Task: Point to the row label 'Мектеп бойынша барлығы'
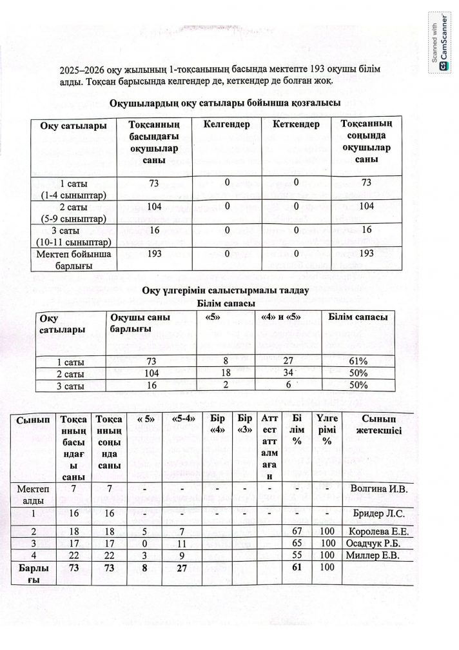pyautogui.click(x=74, y=259)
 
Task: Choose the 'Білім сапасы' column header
pyautogui.click(x=358, y=317)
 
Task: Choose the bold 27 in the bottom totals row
pyautogui.click(x=182, y=568)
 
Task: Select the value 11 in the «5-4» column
pyautogui.click(x=182, y=544)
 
